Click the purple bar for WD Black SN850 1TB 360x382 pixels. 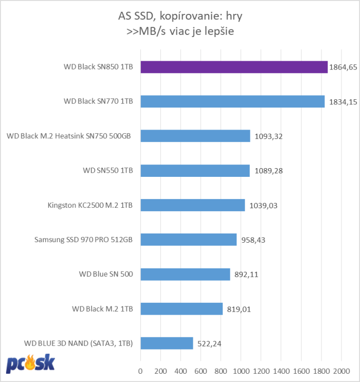234,67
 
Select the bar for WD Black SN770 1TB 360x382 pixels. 232,102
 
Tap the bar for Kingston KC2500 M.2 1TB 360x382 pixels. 192,205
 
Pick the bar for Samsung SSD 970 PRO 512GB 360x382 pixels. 188,240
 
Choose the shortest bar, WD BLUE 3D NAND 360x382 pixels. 167,343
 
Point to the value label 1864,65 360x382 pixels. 343,68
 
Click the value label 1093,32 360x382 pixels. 268,137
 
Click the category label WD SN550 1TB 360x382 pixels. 108,171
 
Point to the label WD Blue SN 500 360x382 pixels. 103,274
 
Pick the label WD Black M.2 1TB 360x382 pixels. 103,308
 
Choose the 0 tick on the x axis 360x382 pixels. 140,371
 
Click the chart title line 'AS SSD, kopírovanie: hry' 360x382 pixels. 180,16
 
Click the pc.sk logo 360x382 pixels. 30,363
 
